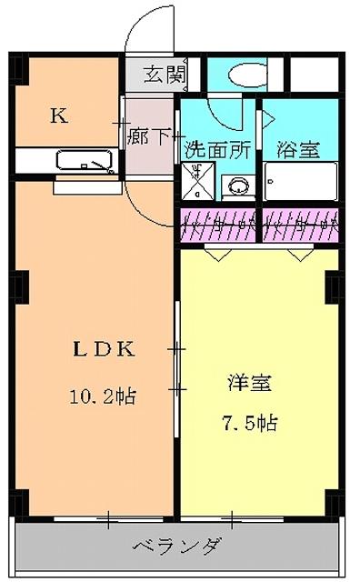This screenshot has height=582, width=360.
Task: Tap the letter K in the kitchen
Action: pos(57,115)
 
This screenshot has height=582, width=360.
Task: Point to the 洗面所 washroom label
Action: pos(217,149)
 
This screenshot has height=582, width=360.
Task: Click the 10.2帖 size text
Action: pos(102,396)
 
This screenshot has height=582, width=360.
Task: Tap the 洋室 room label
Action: pos(248,383)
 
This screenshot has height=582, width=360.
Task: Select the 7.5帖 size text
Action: pos(248,423)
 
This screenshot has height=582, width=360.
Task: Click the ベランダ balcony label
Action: pos(177,546)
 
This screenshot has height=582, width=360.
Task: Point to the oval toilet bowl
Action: pos(243,75)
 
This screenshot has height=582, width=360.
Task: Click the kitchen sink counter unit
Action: pos(85,161)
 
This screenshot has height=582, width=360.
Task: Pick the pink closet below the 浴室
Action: pos(300,224)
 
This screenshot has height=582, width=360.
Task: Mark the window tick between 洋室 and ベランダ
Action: pos(233,519)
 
